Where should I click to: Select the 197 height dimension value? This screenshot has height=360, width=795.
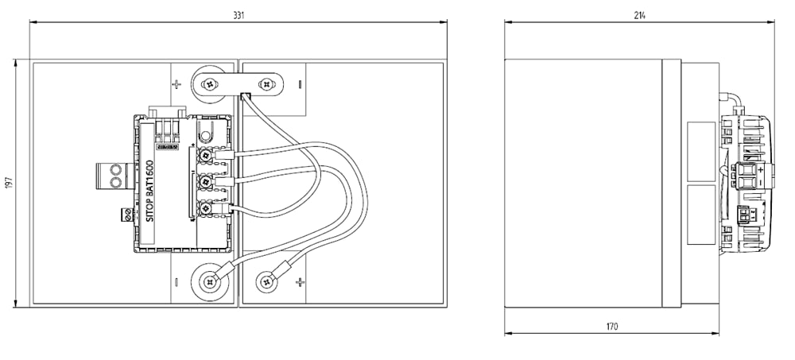coord(9,183)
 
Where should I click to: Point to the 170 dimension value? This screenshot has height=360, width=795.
coord(611,326)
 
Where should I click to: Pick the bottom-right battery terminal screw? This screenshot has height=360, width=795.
coord(265,281)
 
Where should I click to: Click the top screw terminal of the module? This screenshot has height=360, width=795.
coord(207,154)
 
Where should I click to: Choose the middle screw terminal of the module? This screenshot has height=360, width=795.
coord(207,181)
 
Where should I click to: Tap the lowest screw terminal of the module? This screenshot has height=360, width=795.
coord(207,208)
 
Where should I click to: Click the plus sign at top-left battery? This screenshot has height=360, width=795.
coord(176,83)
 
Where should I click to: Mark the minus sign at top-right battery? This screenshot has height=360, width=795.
coord(300,83)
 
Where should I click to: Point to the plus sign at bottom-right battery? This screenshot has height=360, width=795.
coord(300,281)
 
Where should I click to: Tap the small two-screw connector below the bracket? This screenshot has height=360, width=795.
coord(126,213)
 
